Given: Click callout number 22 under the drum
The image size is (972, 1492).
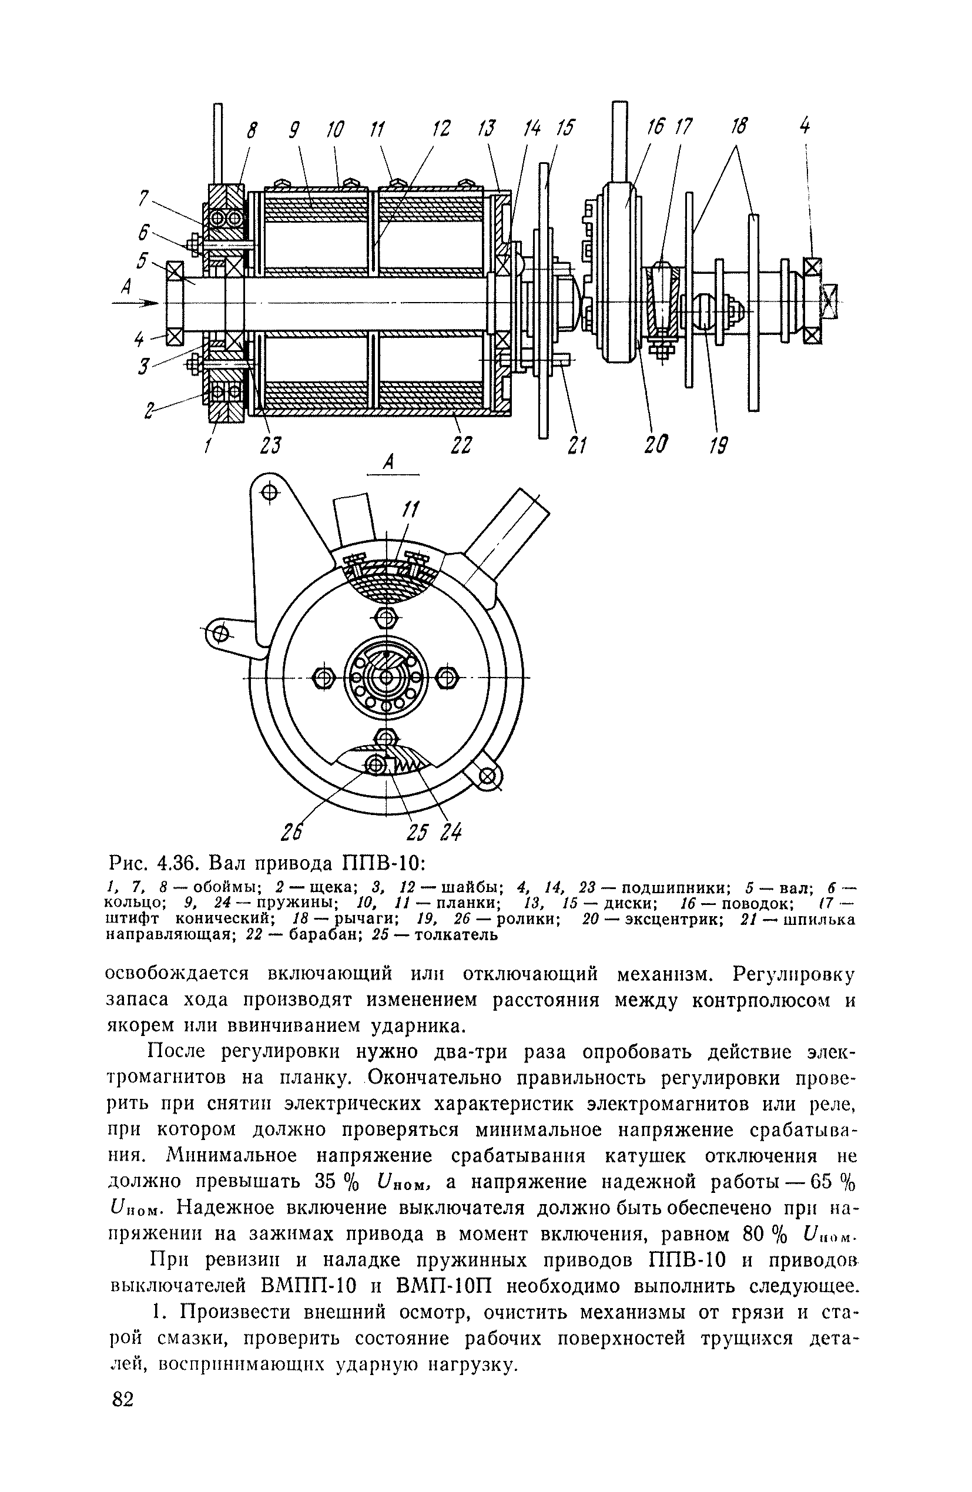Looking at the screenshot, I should pyautogui.click(x=461, y=445).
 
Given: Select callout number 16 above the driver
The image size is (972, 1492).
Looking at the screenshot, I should pyautogui.click(x=656, y=128).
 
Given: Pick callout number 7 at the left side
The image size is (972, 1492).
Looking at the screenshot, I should pyautogui.click(x=143, y=199).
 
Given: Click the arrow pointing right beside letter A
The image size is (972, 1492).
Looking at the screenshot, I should pyautogui.click(x=135, y=303).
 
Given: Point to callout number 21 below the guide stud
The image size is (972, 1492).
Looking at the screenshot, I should pyautogui.click(x=577, y=445).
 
